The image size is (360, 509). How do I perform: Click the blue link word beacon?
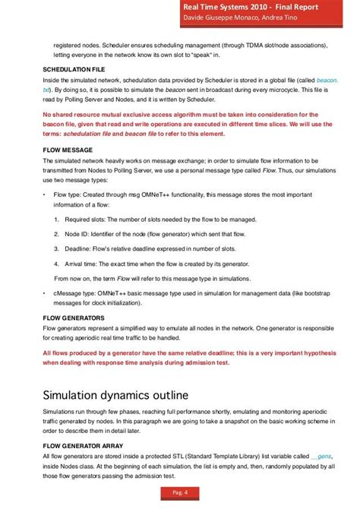[328, 80]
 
